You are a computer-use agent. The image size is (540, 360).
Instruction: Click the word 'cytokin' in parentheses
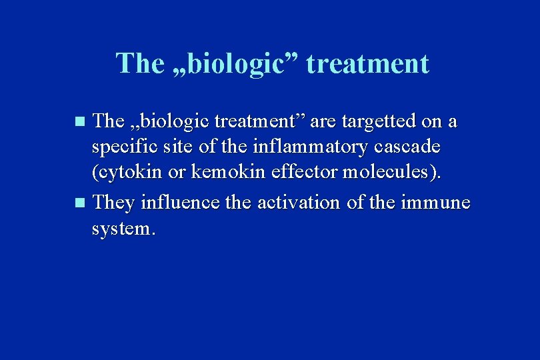[131, 174]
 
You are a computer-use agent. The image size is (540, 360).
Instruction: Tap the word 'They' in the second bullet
[115, 201]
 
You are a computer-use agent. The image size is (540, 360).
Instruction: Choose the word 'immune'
[437, 201]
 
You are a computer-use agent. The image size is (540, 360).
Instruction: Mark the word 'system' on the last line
[122, 229]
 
